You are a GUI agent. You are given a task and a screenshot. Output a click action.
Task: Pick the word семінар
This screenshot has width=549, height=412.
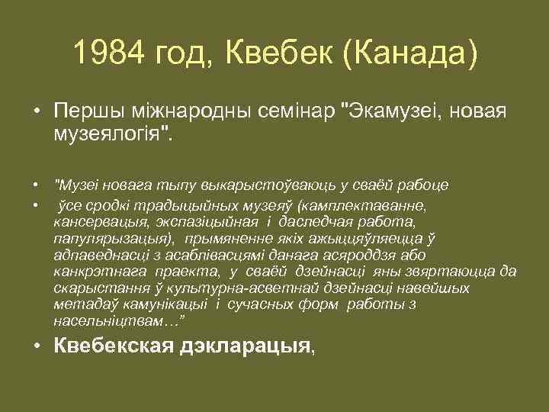tap(295, 111)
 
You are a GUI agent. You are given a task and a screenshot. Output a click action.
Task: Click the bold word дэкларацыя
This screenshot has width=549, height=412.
tap(245, 346)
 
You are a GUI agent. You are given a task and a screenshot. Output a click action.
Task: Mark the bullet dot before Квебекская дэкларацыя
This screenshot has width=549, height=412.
tap(37, 346)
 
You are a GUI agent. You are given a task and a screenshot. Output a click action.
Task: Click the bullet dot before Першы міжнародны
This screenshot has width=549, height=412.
tap(37, 111)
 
